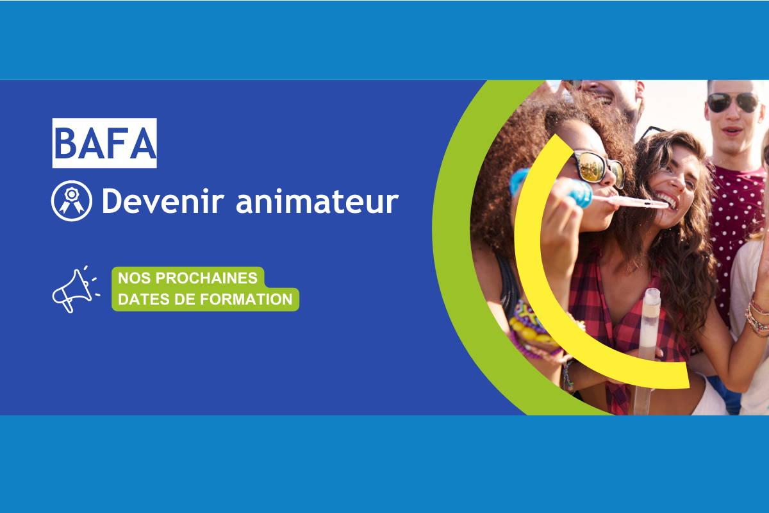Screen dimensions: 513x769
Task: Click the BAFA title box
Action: [104, 143]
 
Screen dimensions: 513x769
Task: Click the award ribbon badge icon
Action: [71, 201]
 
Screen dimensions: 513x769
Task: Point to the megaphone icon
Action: [74, 290]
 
